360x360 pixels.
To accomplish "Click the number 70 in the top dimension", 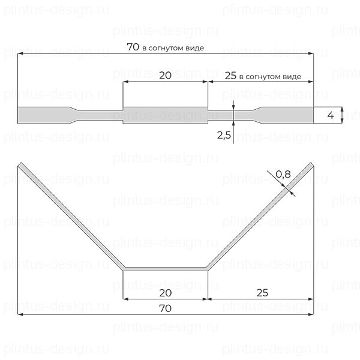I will pyautogui.click(x=134, y=47).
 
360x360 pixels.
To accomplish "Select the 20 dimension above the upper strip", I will pyautogui.click(x=166, y=75).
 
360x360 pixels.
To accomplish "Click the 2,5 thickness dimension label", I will pyautogui.click(x=224, y=136).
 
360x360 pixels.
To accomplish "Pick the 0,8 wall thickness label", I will pyautogui.click(x=283, y=175).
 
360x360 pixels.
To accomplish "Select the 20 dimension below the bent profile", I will pyautogui.click(x=166, y=292).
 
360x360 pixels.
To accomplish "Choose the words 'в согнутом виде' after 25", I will pyautogui.click(x=269, y=77).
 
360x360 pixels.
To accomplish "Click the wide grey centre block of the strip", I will pyautogui.click(x=166, y=115).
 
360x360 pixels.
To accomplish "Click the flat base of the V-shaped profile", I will pyautogui.click(x=166, y=268).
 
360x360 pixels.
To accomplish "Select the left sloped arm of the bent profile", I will pyautogui.click(x=71, y=216).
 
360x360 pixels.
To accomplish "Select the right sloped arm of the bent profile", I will pyautogui.click(x=259, y=216).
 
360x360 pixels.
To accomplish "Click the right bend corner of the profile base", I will pyautogui.click(x=208, y=268).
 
